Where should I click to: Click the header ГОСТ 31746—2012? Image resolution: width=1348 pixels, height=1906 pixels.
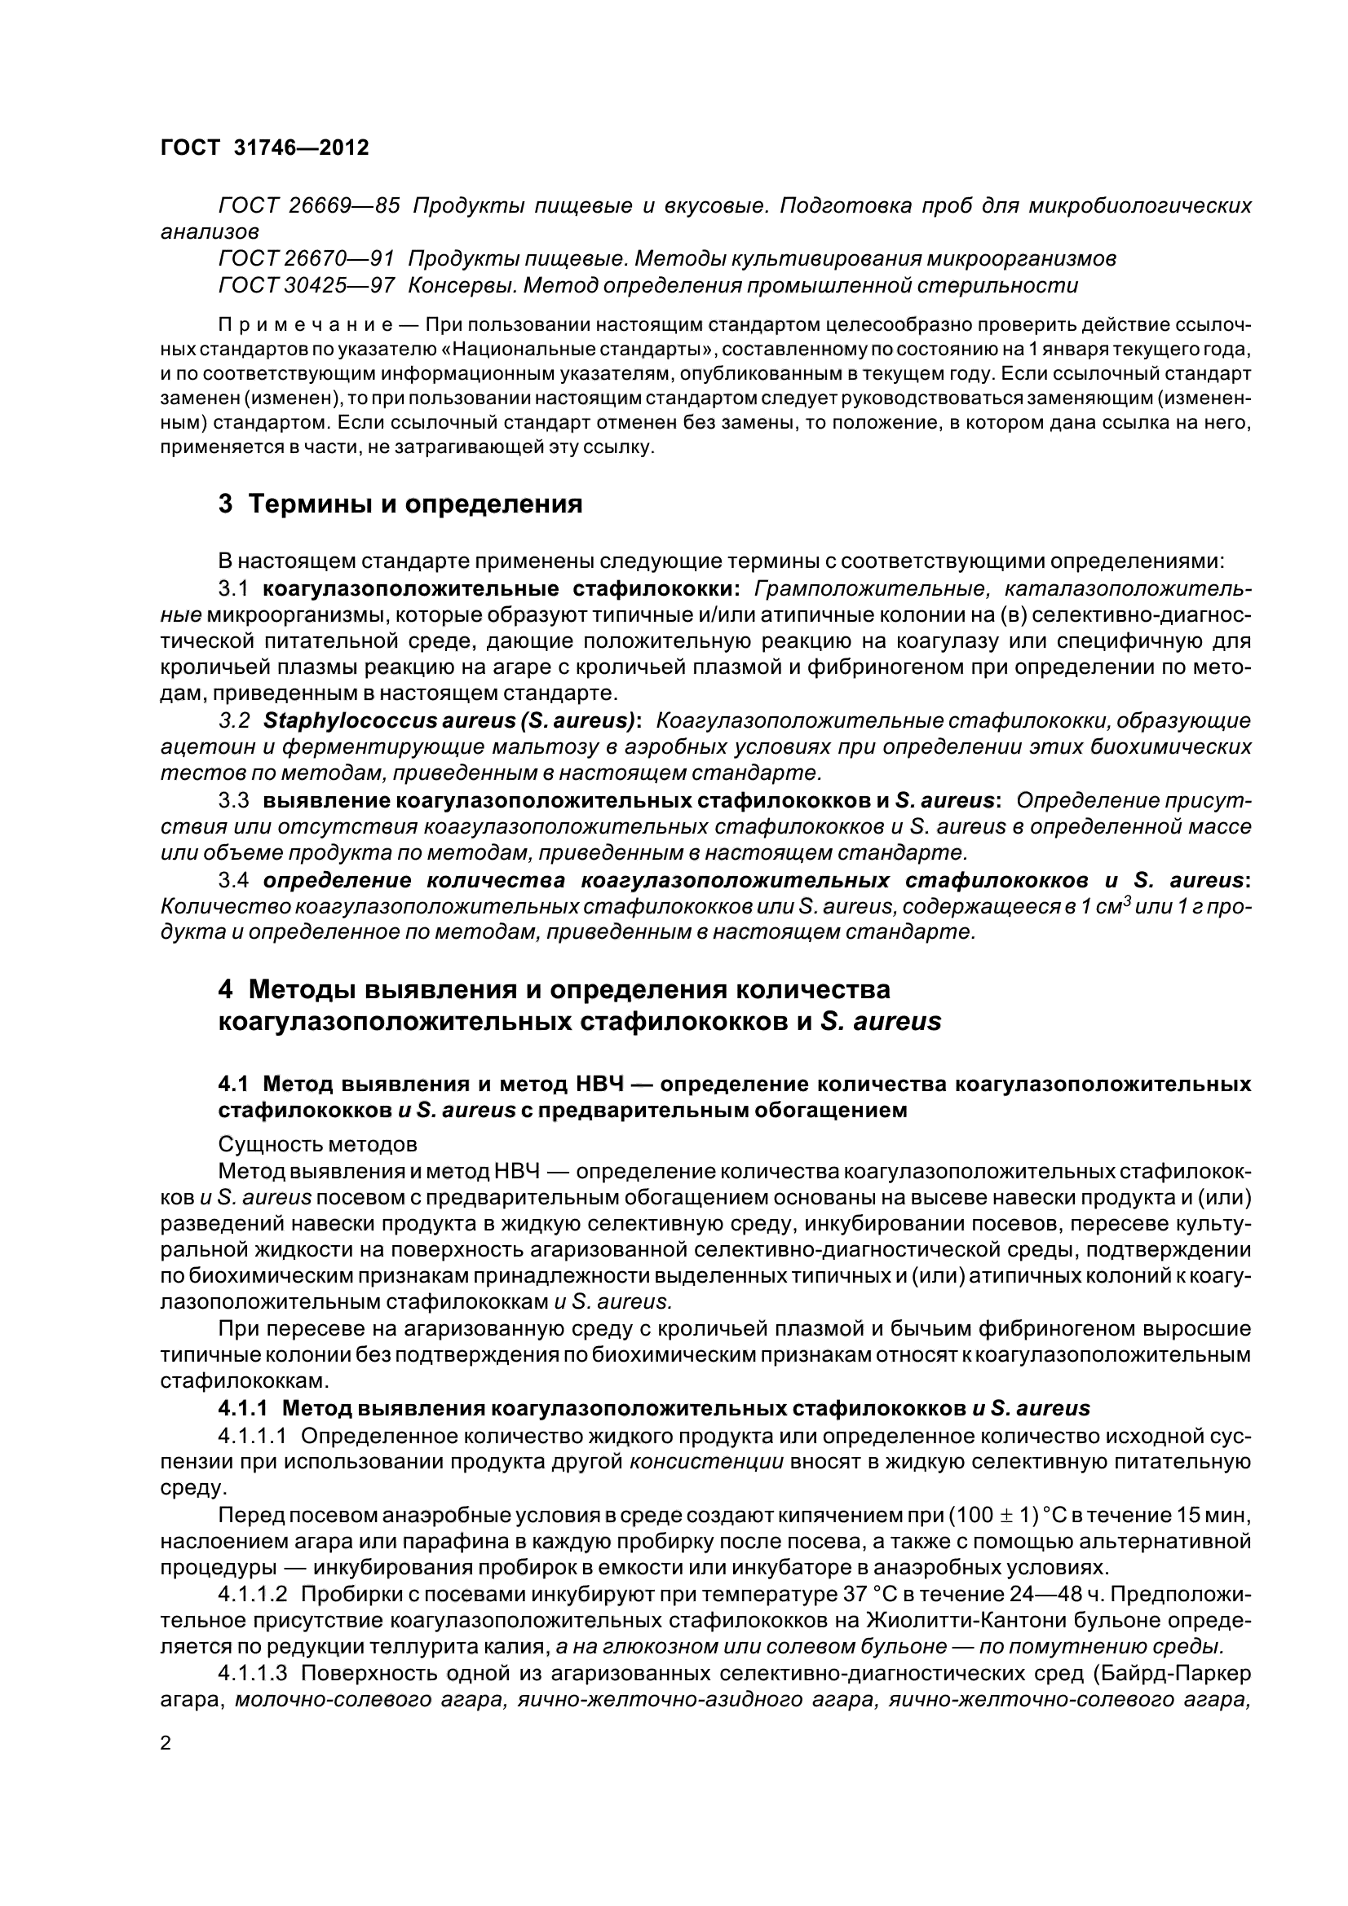(264, 147)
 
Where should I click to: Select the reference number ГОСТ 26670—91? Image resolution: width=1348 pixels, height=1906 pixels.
(306, 259)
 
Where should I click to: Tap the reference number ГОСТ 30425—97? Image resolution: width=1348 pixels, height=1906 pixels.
(306, 285)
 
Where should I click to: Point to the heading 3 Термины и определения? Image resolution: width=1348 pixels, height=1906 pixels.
(400, 503)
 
